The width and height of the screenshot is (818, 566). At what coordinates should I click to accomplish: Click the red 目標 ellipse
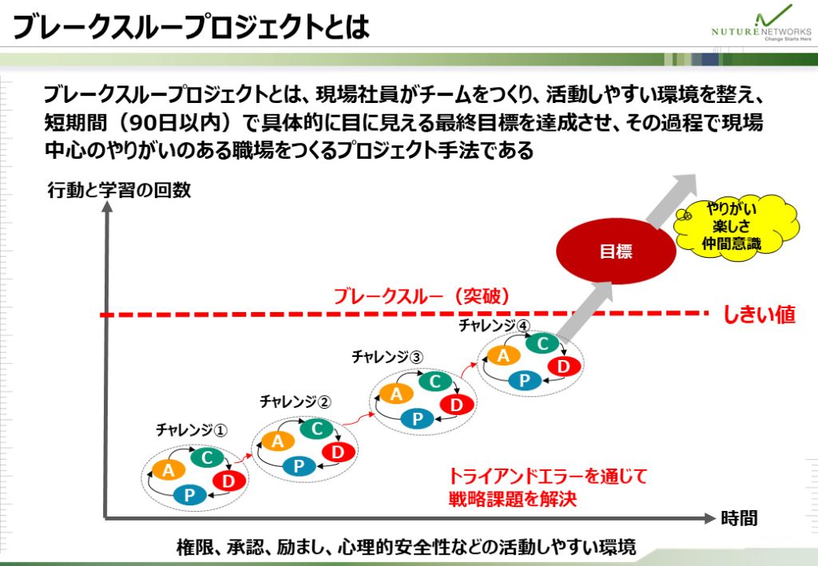click(616, 251)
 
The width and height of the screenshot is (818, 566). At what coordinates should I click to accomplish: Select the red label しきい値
click(759, 315)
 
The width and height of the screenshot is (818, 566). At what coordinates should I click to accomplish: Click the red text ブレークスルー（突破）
click(422, 296)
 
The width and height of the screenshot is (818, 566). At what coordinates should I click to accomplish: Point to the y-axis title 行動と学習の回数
click(120, 190)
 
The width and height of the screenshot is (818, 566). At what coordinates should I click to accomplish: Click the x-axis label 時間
click(739, 518)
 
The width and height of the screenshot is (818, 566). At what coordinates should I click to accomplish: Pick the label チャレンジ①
click(192, 430)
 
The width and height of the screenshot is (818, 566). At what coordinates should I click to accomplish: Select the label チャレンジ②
click(296, 402)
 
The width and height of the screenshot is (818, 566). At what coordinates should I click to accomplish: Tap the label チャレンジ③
click(387, 357)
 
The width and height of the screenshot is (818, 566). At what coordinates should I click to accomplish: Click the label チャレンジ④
click(494, 326)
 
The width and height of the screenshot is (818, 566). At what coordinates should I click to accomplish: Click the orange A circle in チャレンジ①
click(168, 471)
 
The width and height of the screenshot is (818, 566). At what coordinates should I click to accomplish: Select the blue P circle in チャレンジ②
click(299, 465)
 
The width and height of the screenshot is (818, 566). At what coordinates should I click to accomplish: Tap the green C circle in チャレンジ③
click(435, 382)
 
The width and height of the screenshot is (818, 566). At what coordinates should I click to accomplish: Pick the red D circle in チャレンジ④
click(563, 366)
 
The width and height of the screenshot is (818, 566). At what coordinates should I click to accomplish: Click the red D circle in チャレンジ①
click(228, 480)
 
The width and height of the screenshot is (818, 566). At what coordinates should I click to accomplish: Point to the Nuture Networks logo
click(761, 24)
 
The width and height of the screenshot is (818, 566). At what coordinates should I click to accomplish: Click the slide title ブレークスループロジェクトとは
click(191, 26)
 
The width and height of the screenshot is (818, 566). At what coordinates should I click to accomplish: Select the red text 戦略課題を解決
click(513, 499)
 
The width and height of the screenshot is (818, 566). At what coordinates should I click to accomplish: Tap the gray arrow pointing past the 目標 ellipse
click(670, 200)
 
